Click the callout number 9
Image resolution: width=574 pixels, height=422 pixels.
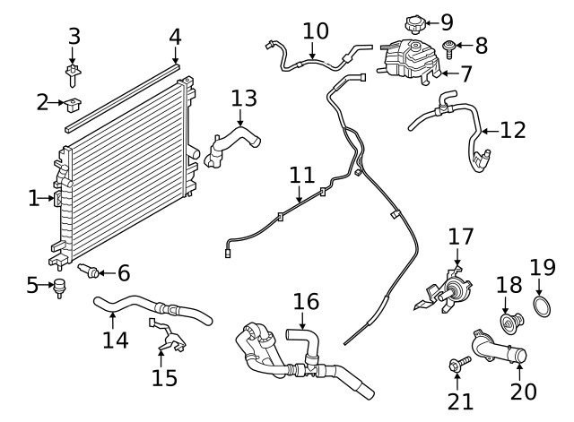[447, 22]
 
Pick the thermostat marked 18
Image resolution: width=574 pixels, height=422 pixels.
[510, 320]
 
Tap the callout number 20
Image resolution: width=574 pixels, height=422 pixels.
[523, 392]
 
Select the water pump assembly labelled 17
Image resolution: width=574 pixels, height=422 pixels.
[446, 289]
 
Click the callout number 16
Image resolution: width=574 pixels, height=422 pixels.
[306, 301]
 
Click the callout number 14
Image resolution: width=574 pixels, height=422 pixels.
[116, 340]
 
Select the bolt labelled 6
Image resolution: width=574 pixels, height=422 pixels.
[90, 269]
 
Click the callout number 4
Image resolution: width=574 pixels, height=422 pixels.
[176, 37]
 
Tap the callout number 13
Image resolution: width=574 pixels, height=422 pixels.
[243, 98]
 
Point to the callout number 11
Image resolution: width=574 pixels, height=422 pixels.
[301, 175]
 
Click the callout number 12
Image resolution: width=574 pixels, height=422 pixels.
[512, 131]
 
